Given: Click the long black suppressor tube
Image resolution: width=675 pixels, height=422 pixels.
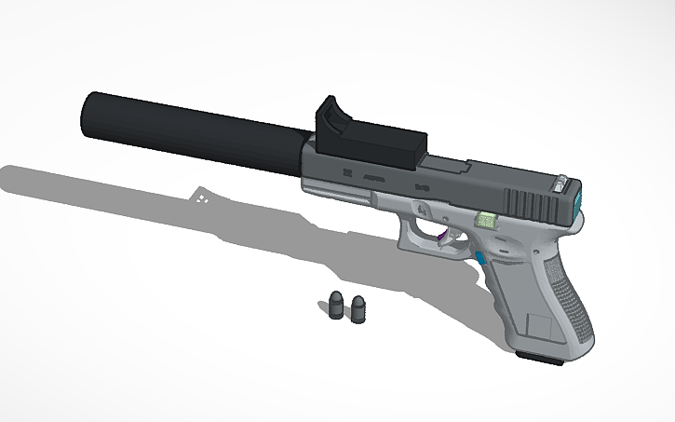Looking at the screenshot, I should tap(186, 135).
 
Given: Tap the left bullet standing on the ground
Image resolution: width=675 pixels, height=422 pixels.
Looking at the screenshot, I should tap(337, 306).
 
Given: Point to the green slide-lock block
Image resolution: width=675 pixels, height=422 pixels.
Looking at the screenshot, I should tap(486, 221).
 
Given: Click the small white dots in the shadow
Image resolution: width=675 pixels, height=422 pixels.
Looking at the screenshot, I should tap(203, 197).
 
